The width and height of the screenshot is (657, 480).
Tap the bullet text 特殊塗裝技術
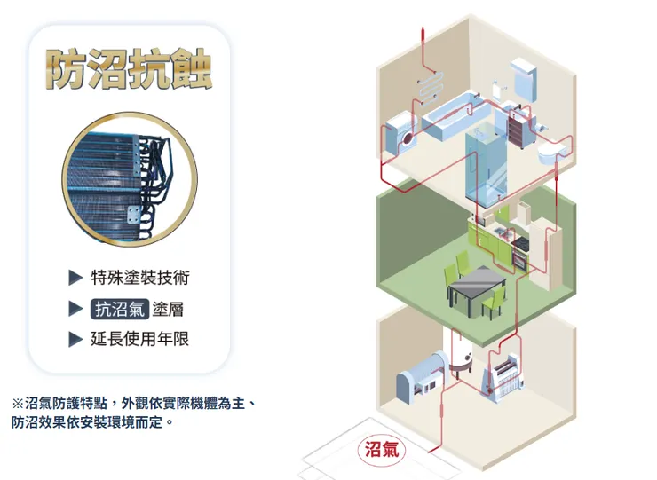140,278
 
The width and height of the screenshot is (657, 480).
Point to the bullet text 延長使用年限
140,339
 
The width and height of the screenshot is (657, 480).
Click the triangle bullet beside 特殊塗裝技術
75,279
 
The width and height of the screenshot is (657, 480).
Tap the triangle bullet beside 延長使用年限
75,339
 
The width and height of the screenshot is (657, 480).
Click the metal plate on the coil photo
133,214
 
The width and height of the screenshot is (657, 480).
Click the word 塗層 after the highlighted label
169,309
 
